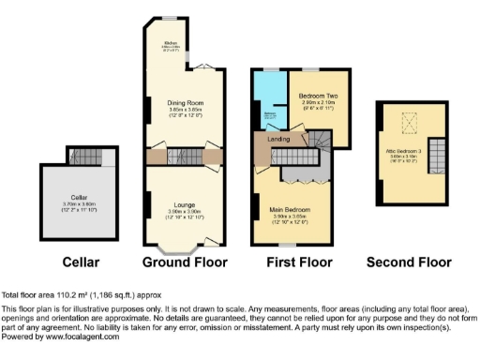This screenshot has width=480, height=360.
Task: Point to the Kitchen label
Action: pos(172,42)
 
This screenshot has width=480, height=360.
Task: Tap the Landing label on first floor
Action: pos(278,140)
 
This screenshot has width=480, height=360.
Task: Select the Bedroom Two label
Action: pos(318,97)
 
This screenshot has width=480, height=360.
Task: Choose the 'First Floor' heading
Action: pos(290,262)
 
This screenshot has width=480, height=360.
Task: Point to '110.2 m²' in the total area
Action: pos(68,294)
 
